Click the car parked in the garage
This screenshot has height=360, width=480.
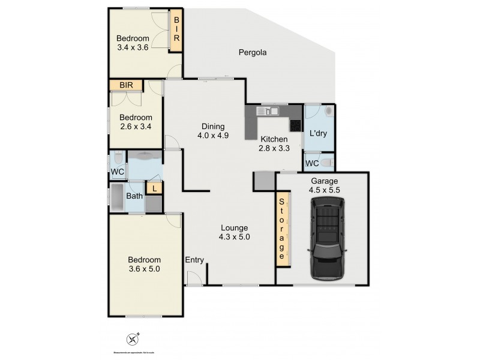click(x=328, y=240)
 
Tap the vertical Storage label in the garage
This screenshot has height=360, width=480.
click(x=281, y=228)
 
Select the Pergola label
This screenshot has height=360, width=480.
click(x=251, y=52)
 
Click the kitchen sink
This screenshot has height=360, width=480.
click(x=268, y=110)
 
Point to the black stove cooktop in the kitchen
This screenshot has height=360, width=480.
click(x=295, y=125)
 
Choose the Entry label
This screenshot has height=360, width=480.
click(x=194, y=260)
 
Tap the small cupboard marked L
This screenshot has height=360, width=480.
click(x=154, y=188)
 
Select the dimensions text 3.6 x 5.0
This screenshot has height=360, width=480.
click(x=144, y=269)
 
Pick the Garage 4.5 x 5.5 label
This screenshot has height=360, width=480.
click(x=324, y=185)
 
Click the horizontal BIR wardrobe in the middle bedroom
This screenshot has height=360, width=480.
click(x=126, y=86)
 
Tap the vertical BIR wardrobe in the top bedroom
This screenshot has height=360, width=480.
click(x=177, y=29)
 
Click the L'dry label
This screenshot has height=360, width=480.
click(x=317, y=134)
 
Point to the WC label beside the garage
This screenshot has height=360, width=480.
click(x=312, y=163)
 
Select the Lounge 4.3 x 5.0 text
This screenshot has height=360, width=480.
click(x=234, y=232)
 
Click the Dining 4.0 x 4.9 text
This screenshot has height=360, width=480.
click(x=213, y=131)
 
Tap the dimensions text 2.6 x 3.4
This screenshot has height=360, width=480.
click(x=136, y=127)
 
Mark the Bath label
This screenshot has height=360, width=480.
click(x=134, y=195)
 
